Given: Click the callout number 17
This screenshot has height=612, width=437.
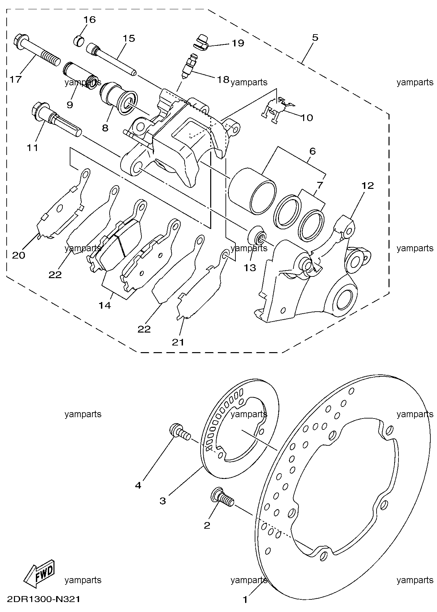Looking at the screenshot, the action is pos(16,79).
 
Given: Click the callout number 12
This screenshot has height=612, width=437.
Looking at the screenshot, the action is pos(368,186).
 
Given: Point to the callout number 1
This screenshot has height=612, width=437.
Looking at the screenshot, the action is pos(245,600).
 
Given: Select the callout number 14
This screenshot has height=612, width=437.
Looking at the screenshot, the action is pos(105,305).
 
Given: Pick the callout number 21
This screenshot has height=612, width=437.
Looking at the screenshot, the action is pos(178,342).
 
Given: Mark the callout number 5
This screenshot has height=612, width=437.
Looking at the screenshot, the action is pos(315,38).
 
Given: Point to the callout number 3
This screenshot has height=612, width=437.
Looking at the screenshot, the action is pos(162,500).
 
